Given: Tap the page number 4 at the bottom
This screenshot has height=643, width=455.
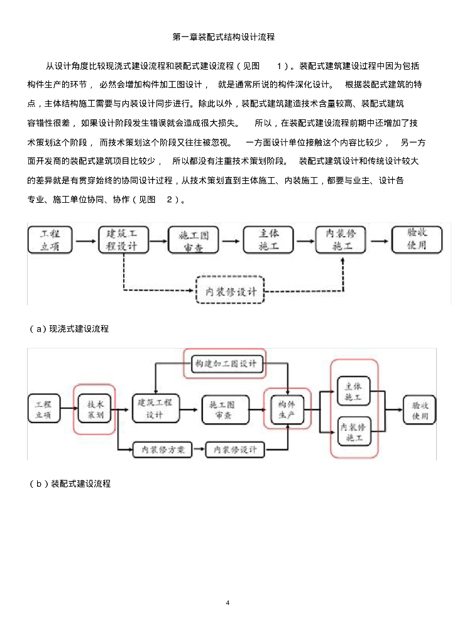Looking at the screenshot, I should [x=227, y=603].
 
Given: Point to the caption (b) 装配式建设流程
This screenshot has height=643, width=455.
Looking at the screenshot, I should [x=70, y=484].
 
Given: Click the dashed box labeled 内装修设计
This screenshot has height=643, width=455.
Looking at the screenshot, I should [x=231, y=291].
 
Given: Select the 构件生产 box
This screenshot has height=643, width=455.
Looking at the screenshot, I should [x=287, y=409].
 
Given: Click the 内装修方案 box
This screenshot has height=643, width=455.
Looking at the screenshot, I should [x=162, y=450].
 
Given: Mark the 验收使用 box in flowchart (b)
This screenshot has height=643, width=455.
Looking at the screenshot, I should [x=419, y=409].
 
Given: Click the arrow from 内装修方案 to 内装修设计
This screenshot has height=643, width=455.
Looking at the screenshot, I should [x=199, y=450].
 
